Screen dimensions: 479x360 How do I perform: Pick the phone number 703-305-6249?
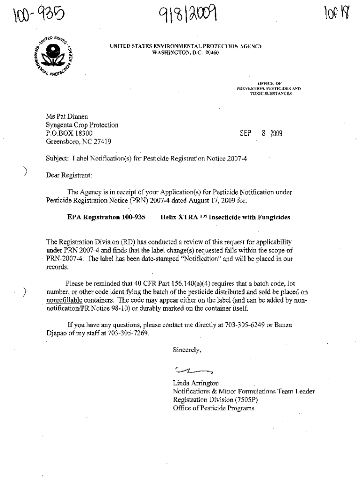(245, 325)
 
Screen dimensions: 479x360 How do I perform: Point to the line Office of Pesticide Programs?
(213, 408)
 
